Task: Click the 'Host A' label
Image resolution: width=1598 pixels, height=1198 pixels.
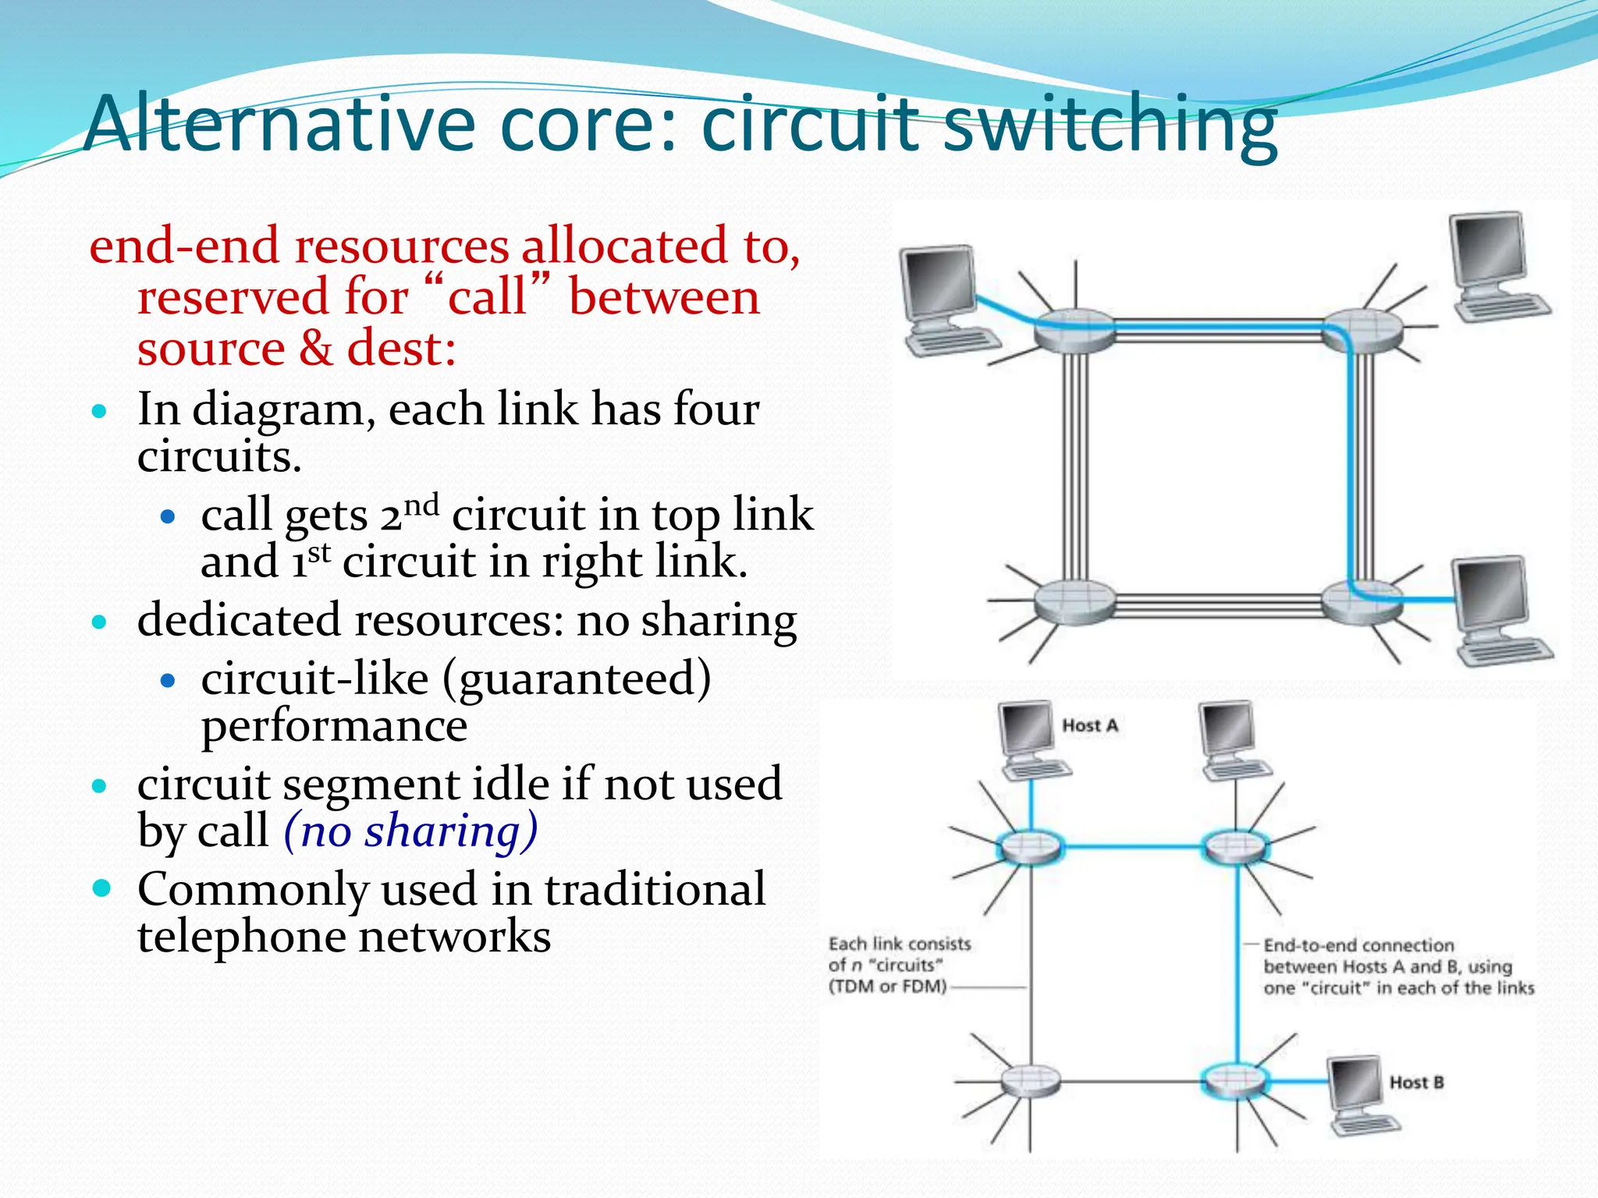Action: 1090,725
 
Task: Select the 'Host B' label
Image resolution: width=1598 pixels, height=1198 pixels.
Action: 1416,1083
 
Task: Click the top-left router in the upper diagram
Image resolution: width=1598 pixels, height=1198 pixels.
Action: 1074,331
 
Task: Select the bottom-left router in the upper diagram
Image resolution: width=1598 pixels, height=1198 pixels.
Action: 1074,601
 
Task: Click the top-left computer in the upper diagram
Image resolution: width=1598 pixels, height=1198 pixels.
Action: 946,299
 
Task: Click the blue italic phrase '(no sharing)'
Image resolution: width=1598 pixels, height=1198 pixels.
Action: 410,830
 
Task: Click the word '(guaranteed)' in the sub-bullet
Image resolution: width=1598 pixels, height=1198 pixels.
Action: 577,678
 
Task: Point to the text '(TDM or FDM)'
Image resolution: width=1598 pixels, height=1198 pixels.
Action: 887,987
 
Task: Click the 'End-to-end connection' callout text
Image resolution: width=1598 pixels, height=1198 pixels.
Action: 1358,945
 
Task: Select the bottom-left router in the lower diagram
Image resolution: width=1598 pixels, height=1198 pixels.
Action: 1031,1081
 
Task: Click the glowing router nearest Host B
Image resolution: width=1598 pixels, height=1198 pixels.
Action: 1235,1081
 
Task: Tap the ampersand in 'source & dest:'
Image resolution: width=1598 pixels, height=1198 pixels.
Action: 315,348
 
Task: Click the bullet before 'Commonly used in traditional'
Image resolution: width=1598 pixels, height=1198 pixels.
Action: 101,888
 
